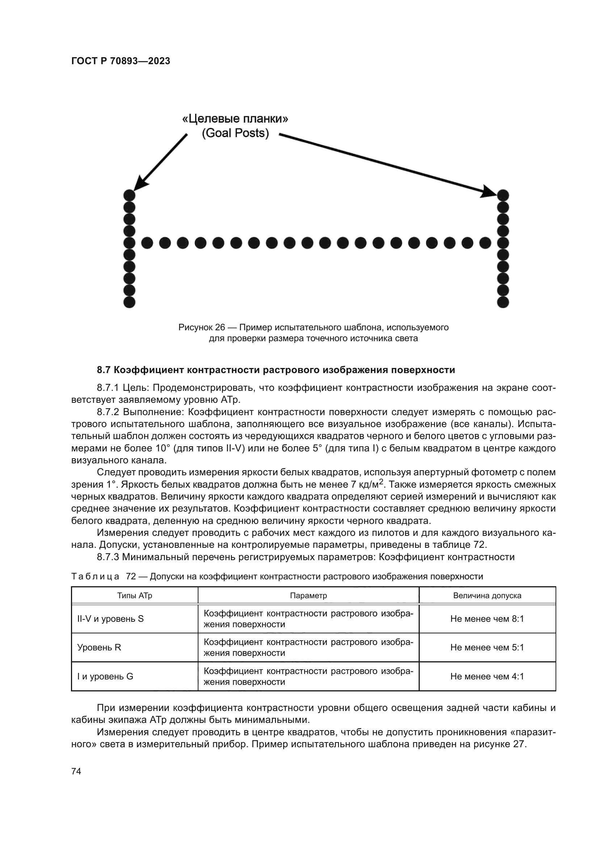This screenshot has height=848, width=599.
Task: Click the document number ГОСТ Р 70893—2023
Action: click(121, 61)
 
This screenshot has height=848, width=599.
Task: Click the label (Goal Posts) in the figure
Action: click(235, 133)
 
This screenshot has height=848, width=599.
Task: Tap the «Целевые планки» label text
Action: click(235, 119)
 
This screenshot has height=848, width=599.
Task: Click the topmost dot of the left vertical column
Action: click(129, 195)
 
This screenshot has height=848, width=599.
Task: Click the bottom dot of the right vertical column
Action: click(503, 302)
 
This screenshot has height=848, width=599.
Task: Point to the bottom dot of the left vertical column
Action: click(129, 302)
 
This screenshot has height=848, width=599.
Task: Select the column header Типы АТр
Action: click(135, 595)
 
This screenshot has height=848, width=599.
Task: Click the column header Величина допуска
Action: click(487, 595)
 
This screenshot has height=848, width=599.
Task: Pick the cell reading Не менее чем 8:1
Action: click(487, 619)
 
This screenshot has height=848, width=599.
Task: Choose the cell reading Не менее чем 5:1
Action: click(487, 648)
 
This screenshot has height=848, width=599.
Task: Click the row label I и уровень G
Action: click(105, 676)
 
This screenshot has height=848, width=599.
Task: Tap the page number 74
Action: click(76, 771)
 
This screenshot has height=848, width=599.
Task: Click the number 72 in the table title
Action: click(131, 576)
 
